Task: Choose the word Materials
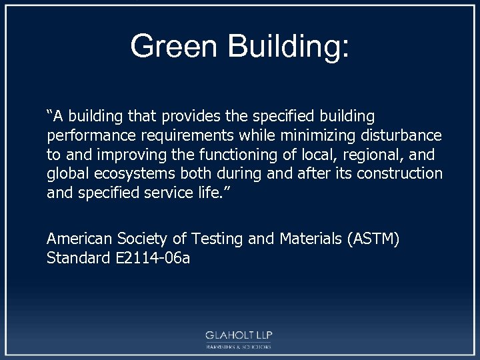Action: (305, 239)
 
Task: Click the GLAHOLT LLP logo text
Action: (238, 335)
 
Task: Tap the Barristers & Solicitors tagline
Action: (238, 347)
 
